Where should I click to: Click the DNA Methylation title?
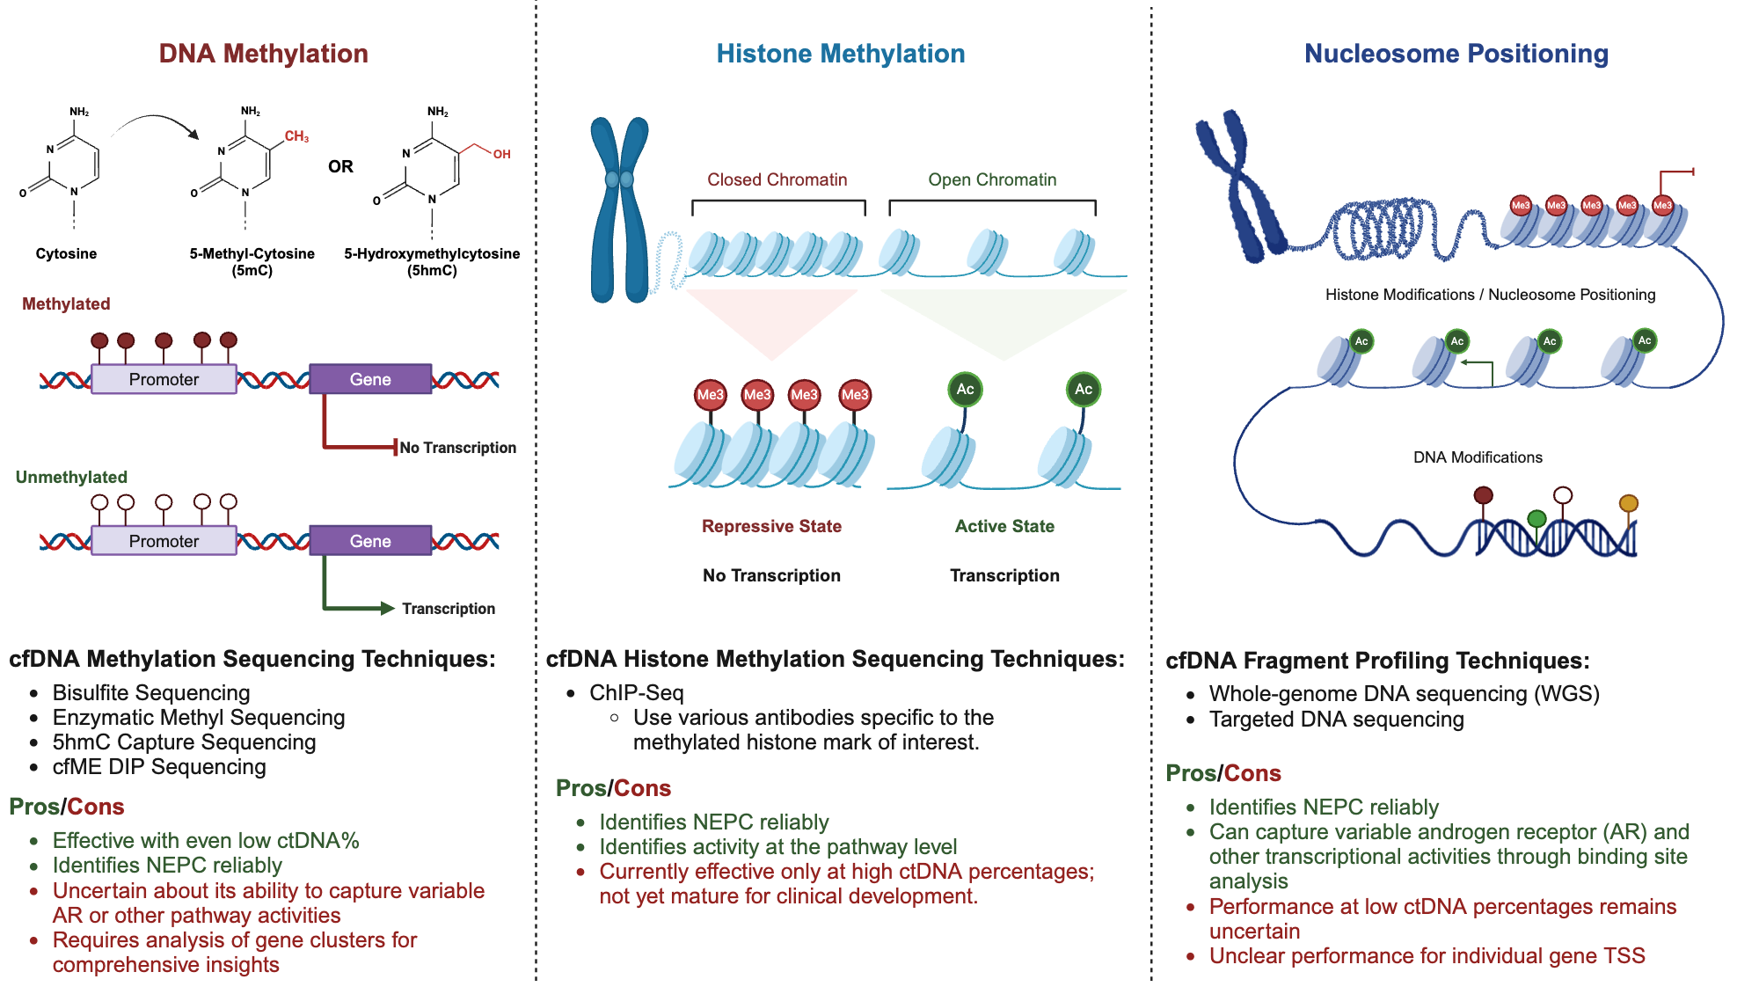pyautogui.click(x=263, y=54)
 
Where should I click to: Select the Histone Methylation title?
pyautogui.click(x=840, y=54)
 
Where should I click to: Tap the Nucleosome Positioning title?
pyautogui.click(x=1456, y=54)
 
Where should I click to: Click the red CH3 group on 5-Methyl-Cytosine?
pyautogui.click(x=296, y=136)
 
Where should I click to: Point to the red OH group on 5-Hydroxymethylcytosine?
pyautogui.click(x=501, y=154)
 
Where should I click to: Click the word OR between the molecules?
pyautogui.click(x=340, y=166)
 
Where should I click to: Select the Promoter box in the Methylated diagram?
pyautogui.click(x=164, y=379)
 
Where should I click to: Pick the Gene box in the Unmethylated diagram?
pyautogui.click(x=370, y=541)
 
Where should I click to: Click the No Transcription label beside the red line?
pyautogui.click(x=457, y=448)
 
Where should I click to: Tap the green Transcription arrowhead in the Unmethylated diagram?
pyautogui.click(x=386, y=608)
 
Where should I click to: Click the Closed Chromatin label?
pyautogui.click(x=777, y=179)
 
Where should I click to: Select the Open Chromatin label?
pyautogui.click(x=992, y=179)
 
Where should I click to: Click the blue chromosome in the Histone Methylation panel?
pyautogui.click(x=619, y=211)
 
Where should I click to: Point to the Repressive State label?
pyautogui.click(x=771, y=526)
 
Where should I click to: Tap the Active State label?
pyautogui.click(x=1004, y=526)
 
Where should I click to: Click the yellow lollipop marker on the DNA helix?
pyautogui.click(x=1629, y=503)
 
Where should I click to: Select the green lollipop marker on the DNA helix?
pyautogui.click(x=1536, y=519)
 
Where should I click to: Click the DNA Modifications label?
pyautogui.click(x=1478, y=457)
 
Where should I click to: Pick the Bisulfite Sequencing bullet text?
pyautogui.click(x=151, y=693)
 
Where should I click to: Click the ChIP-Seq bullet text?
pyautogui.click(x=636, y=693)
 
